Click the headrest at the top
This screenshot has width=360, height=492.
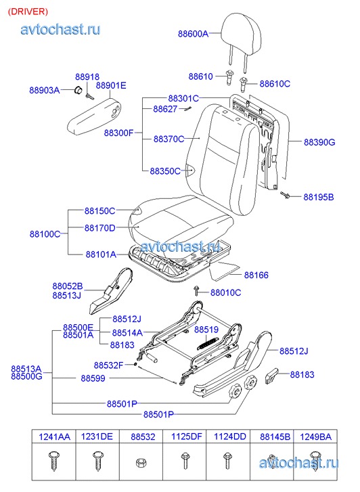(x=241, y=35)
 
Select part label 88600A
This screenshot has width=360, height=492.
(x=193, y=34)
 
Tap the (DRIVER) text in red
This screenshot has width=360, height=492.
(x=28, y=12)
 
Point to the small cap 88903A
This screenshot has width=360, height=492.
(x=78, y=90)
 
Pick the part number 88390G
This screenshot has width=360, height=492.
(x=319, y=142)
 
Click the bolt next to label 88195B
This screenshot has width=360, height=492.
(x=285, y=195)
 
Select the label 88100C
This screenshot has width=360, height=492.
(x=45, y=233)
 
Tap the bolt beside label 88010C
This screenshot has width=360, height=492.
(x=196, y=291)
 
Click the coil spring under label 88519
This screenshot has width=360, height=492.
(x=207, y=342)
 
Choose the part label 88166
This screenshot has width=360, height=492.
(x=256, y=275)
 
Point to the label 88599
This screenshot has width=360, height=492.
(x=93, y=378)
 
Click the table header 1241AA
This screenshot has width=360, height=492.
(x=54, y=437)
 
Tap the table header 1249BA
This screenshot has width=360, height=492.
(x=315, y=437)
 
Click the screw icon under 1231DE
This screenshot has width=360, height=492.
(x=97, y=462)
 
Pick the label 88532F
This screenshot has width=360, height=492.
(x=108, y=365)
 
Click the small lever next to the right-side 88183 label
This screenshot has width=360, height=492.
(x=271, y=376)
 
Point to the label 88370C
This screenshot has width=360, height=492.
(x=169, y=139)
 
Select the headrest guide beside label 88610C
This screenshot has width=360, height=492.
(x=244, y=83)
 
